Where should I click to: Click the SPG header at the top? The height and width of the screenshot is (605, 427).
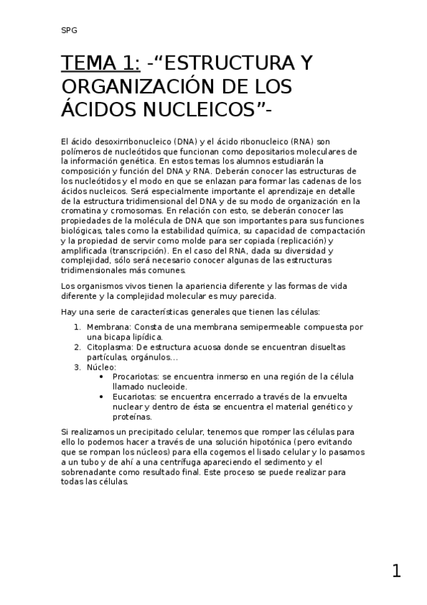69,30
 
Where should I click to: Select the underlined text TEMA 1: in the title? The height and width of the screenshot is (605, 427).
101,64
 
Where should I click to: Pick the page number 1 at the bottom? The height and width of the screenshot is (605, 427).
396,571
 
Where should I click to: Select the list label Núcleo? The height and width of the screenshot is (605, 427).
101,367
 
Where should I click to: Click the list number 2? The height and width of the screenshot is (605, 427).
78,347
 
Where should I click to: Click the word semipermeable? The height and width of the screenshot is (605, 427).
279,327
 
